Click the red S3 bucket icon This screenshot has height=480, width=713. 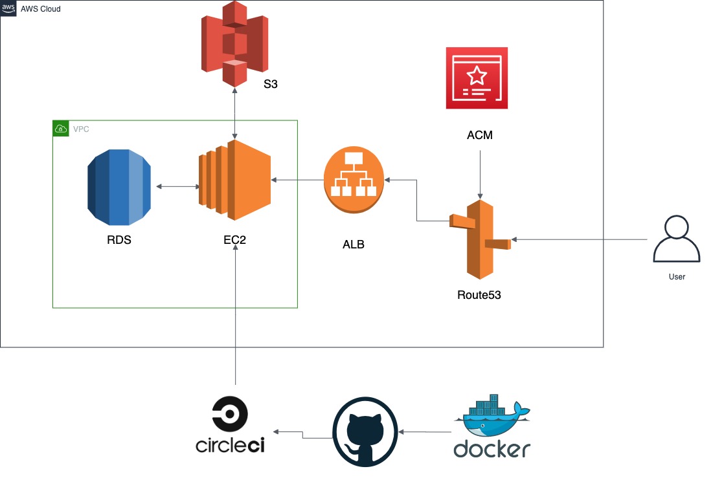pyautogui.click(x=234, y=43)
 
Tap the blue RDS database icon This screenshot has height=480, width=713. pyautogui.click(x=119, y=187)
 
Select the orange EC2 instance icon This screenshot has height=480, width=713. pyautogui.click(x=234, y=180)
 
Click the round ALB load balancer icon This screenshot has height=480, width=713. pyautogui.click(x=354, y=180)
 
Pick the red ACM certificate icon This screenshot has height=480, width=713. pyautogui.click(x=477, y=78)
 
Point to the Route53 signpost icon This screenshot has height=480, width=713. pyautogui.click(x=480, y=239)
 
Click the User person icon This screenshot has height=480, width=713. pyautogui.click(x=677, y=239)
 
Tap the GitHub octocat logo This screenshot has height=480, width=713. pyautogui.click(x=365, y=432)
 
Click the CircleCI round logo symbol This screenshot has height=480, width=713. pyautogui.click(x=230, y=414)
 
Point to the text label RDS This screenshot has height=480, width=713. pyautogui.click(x=119, y=240)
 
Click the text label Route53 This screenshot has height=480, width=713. pyautogui.click(x=479, y=295)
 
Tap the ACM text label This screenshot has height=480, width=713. pyautogui.click(x=480, y=135)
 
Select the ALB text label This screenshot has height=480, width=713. pyautogui.click(x=354, y=245)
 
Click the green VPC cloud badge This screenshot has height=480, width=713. pyautogui.click(x=60, y=129)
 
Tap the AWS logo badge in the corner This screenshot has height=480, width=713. pyautogui.click(x=8, y=8)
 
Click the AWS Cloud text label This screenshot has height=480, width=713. pyautogui.click(x=40, y=8)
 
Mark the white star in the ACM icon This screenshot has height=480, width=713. pyautogui.click(x=477, y=76)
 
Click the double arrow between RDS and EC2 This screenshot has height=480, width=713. pyautogui.click(x=178, y=186)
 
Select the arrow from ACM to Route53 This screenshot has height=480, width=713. pyautogui.click(x=480, y=175)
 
